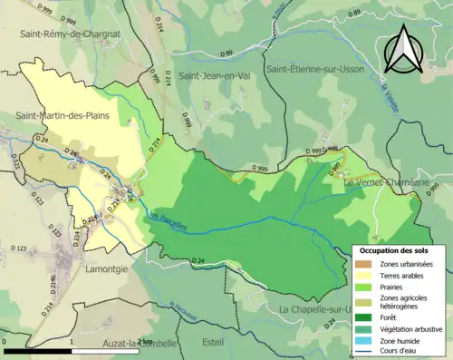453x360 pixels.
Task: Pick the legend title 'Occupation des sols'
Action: tap(394, 249)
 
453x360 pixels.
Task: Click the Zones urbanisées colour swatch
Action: tap(366, 264)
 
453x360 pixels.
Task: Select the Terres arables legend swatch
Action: tap(366, 277)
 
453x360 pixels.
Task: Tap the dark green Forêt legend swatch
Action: tap(366, 317)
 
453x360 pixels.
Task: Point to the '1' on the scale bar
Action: tap(71, 341)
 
